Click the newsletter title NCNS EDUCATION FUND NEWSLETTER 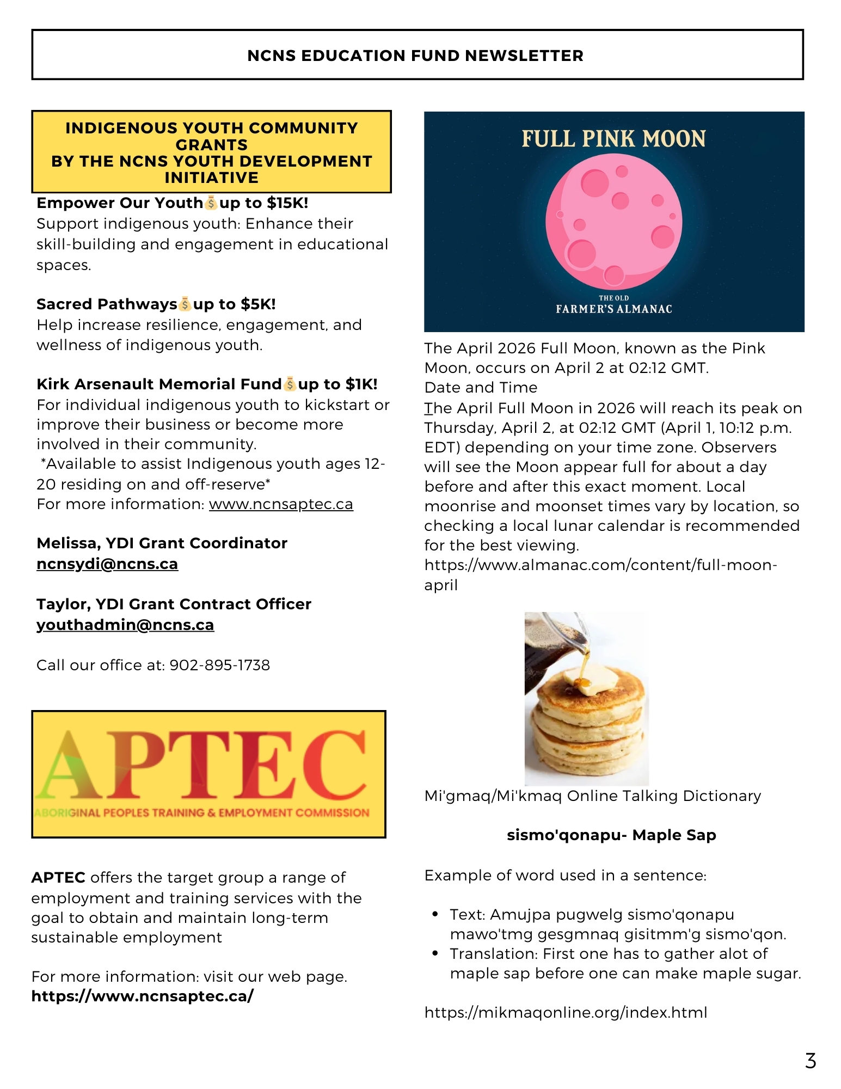pyautogui.click(x=415, y=56)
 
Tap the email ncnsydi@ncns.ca pyautogui.click(x=107, y=564)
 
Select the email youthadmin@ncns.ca pyautogui.click(x=125, y=625)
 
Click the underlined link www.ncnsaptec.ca pyautogui.click(x=281, y=504)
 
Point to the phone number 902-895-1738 pyautogui.click(x=220, y=665)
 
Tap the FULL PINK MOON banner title pyautogui.click(x=613, y=139)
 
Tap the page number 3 pyautogui.click(x=811, y=1061)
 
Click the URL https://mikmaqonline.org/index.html pyautogui.click(x=566, y=1013)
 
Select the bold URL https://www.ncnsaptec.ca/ pyautogui.click(x=143, y=996)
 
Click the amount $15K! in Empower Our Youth pyautogui.click(x=287, y=203)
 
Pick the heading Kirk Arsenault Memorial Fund pyautogui.click(x=159, y=384)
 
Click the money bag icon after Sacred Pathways pyautogui.click(x=185, y=304)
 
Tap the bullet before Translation pyautogui.click(x=435, y=953)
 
